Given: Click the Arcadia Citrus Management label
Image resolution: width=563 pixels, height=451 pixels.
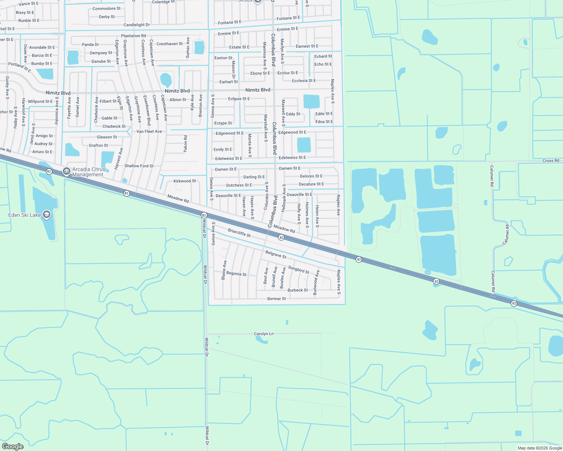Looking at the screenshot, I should (x=89, y=172).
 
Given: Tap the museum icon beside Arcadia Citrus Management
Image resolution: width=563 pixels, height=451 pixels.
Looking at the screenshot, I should (x=67, y=171).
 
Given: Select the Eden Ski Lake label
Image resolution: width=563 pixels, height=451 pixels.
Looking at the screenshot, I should (x=24, y=215).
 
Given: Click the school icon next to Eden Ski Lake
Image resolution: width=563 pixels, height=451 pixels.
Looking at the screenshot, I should (x=47, y=215).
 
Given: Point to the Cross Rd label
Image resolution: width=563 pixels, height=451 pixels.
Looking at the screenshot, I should (x=551, y=160).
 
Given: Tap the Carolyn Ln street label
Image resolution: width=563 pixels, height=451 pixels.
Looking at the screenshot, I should (x=263, y=334).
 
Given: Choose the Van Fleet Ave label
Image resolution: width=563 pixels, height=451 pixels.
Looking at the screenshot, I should (x=149, y=132).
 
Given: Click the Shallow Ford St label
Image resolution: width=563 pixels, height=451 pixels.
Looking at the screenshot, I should (x=139, y=166).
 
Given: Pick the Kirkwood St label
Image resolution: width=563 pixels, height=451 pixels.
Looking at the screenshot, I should (x=184, y=181).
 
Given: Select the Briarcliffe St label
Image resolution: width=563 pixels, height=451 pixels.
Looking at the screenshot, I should (x=239, y=233).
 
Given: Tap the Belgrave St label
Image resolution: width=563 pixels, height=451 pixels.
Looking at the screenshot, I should (x=276, y=254).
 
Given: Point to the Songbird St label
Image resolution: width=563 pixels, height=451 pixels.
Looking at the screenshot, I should (x=298, y=269).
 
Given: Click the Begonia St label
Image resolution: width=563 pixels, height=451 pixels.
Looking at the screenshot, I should (x=236, y=274).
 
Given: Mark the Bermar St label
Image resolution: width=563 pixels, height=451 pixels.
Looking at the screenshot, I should (x=276, y=299).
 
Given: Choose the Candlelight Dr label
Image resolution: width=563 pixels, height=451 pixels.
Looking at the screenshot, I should (x=137, y=25).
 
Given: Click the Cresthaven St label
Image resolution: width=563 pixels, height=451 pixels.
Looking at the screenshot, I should (x=169, y=44).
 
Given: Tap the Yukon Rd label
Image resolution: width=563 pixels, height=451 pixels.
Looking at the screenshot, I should (x=185, y=144).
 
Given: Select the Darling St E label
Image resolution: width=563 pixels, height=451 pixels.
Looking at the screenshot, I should (x=254, y=177).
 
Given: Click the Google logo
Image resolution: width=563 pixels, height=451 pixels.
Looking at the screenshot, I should (x=13, y=446).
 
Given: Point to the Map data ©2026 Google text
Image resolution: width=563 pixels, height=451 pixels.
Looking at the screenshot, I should (x=540, y=448).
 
